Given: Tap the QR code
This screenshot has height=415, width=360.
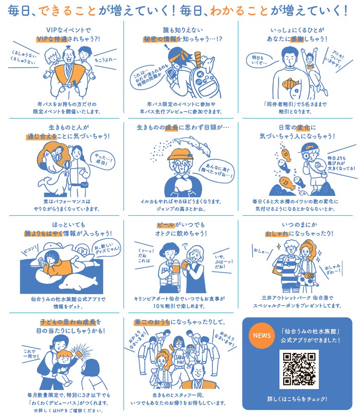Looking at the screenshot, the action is pos(299,369).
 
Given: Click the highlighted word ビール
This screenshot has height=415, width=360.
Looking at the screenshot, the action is pos(166,225).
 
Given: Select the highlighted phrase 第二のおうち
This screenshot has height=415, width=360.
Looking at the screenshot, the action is pos(152,322).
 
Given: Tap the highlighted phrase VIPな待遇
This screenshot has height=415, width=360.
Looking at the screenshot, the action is pos(52,39).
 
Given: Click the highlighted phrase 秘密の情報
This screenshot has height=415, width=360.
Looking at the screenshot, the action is pos(160,39).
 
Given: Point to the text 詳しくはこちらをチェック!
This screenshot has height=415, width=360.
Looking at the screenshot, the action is pos(297,399).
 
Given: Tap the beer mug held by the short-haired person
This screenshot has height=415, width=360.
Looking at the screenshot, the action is pos(175,269).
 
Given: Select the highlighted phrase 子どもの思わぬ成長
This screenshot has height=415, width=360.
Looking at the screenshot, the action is pos(68,322).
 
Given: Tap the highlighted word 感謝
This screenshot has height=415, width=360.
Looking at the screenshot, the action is pos(297,39).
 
